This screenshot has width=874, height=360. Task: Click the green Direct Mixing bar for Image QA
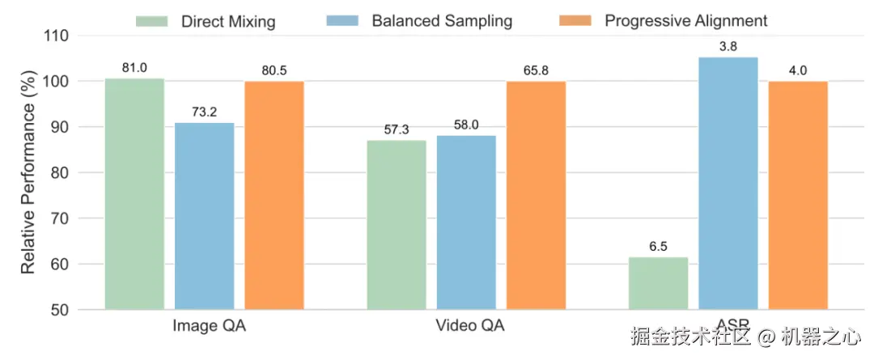134,194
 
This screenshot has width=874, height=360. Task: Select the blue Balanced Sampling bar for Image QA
204,216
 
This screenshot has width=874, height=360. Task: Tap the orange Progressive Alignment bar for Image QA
274,195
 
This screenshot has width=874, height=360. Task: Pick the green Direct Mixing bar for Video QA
397,225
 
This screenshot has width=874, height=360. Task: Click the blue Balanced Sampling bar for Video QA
466,222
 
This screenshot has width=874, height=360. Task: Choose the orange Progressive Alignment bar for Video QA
536,195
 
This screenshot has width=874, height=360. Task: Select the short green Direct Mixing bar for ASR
658,283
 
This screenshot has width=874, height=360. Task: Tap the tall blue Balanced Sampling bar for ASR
728,183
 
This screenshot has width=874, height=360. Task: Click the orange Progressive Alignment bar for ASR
798,195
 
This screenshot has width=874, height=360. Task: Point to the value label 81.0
134,68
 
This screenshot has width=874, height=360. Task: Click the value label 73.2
204,112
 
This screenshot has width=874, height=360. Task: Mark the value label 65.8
536,70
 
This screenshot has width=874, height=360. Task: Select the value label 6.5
658,246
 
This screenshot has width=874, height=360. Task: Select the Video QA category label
470,327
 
